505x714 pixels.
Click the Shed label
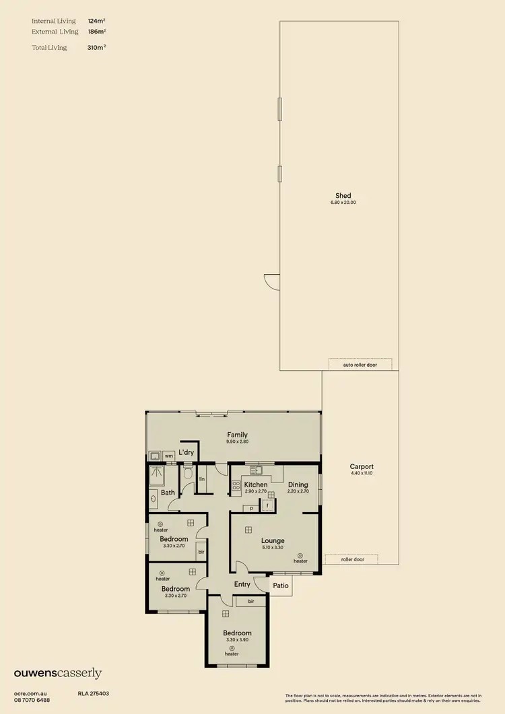coord(343,196)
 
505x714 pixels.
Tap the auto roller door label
coord(360,365)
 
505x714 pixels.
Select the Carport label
coord(362,466)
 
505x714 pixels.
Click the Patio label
coord(281,585)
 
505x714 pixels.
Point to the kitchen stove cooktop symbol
coord(236,485)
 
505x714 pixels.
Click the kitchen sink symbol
coord(255,470)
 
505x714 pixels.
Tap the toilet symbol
coord(188,474)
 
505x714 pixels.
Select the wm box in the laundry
coord(168,456)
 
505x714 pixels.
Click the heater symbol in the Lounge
coord(300,555)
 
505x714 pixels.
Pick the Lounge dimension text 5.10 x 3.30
coord(273,548)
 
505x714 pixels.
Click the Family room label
coord(237,435)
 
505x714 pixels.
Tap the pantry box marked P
coord(250,509)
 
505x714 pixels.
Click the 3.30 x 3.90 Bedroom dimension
coord(237,640)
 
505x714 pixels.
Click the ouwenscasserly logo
coord(58,673)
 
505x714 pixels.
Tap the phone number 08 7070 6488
coord(32,700)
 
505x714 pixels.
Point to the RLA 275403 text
coord(94,692)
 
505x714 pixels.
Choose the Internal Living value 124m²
coord(96,22)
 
